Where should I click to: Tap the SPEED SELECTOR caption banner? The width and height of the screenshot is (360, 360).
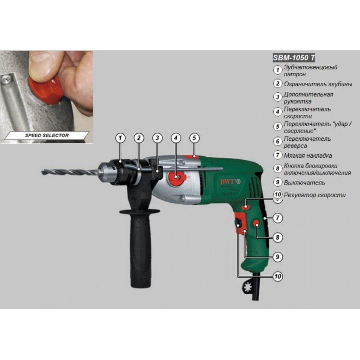(x=46, y=136)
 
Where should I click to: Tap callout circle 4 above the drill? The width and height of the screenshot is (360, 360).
(x=176, y=138)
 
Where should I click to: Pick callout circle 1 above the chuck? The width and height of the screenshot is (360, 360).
(x=121, y=138)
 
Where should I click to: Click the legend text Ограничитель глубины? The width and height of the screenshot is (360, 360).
(x=318, y=84)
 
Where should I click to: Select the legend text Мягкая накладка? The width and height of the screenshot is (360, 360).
(x=308, y=156)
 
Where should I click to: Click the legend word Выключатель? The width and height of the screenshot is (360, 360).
(x=304, y=183)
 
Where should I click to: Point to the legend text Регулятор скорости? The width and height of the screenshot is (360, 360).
(x=315, y=195)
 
